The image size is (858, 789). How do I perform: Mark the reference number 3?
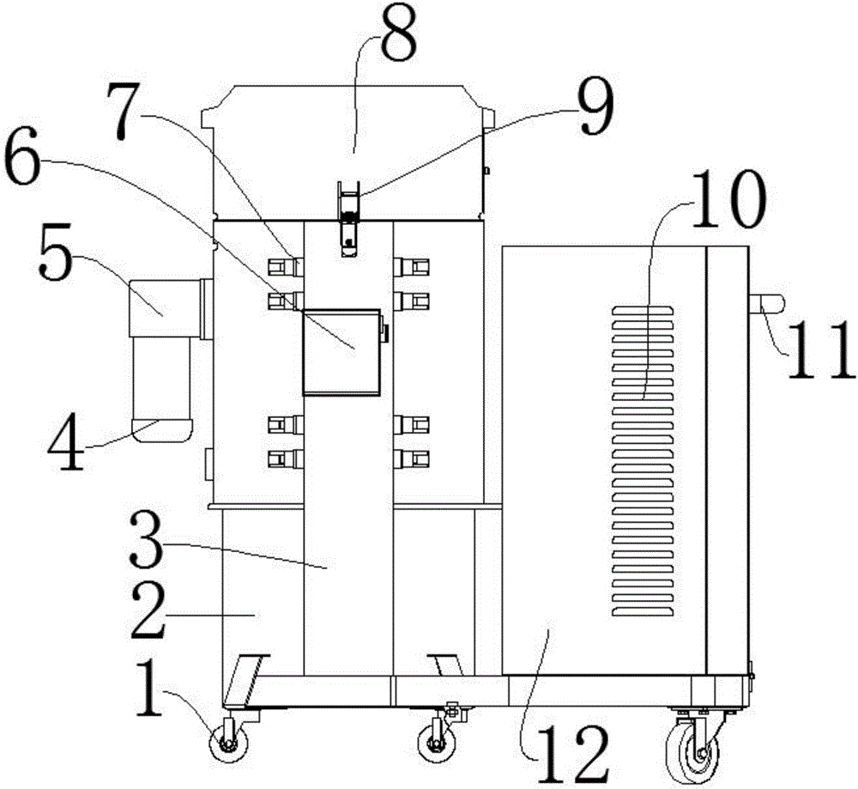coord(147,541)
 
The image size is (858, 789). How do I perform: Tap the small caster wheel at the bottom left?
coord(228,742)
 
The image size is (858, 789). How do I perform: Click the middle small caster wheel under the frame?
coord(436,742)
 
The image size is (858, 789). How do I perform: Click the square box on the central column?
coord(341,352)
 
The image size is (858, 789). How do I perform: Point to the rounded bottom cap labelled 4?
coord(162,430)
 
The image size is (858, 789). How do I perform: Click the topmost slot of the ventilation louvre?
coord(643,311)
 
